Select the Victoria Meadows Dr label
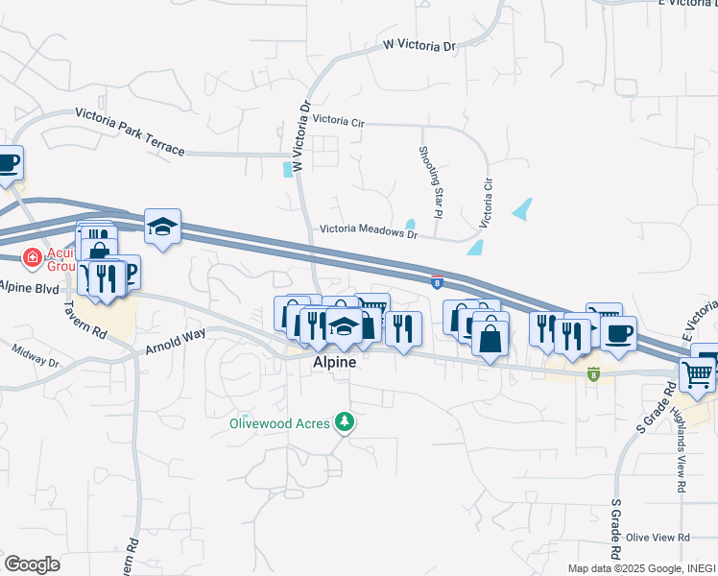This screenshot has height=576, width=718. (369, 232)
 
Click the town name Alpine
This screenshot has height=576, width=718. (335, 363)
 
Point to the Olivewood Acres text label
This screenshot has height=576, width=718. (277, 422)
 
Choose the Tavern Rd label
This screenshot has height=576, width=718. (85, 318)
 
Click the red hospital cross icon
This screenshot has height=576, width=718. (32, 257)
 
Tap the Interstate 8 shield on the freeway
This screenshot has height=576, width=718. (438, 282)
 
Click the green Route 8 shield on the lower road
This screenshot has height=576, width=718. (593, 373)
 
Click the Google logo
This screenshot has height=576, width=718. (32, 564)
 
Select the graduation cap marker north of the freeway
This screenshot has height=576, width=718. (162, 228)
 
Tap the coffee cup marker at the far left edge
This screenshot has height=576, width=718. (8, 163)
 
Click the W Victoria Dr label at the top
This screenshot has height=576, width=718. (419, 45)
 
